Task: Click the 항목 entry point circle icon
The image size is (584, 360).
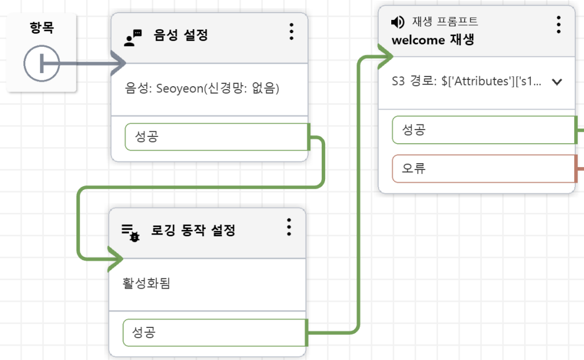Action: tap(41, 64)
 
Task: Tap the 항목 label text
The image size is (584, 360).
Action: tap(42, 28)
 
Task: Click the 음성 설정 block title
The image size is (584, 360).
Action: tap(181, 35)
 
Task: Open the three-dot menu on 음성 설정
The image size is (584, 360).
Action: tap(291, 32)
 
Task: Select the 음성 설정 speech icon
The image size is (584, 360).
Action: tap(133, 38)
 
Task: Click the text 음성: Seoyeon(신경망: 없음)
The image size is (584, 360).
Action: tap(202, 89)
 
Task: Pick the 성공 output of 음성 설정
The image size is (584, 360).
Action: tap(217, 137)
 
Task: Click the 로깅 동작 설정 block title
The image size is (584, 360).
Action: tap(193, 230)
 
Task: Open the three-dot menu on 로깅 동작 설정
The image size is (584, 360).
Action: tap(289, 227)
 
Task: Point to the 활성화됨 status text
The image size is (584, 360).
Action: tap(146, 284)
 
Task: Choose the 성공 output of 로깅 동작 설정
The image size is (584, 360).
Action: tap(214, 332)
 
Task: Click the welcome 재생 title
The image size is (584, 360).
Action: tap(433, 41)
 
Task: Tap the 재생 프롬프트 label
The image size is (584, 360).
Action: tap(445, 22)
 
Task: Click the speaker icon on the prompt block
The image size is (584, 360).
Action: tap(398, 22)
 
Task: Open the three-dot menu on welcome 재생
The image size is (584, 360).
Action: tap(558, 25)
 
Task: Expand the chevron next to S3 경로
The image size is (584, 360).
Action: tap(557, 82)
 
